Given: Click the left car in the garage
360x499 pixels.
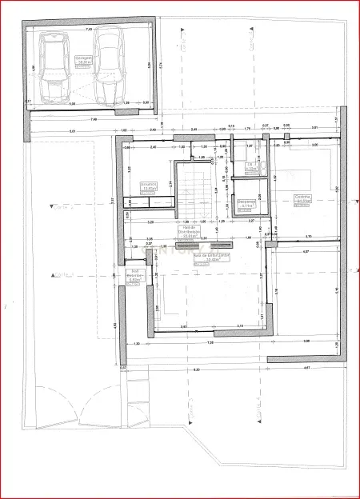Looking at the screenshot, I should coord(55,71).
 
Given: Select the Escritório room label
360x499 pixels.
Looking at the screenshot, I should coord(149,186).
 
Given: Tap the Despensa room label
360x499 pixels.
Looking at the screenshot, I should coord(246,203).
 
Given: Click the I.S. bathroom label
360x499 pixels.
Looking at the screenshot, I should coord(250,165).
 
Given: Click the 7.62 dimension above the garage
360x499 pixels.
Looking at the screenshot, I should coord(89,29).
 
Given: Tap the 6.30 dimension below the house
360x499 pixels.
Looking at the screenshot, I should coord(197,369).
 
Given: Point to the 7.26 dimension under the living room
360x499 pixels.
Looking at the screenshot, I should coord(210,342).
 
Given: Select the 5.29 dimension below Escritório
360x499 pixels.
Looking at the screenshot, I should coord(151,222).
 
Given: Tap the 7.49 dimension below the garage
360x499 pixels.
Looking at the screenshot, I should coord(94,119).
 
